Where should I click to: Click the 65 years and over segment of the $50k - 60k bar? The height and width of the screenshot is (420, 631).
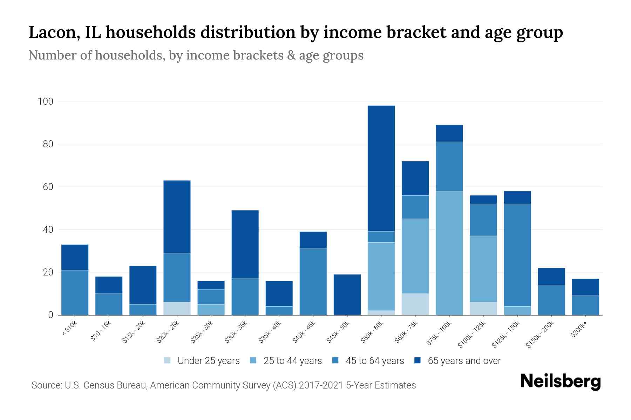click(x=381, y=168)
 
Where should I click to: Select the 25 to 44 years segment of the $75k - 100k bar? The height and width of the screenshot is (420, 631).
click(x=449, y=253)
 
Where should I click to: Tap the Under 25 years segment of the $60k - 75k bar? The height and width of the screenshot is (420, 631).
click(x=415, y=304)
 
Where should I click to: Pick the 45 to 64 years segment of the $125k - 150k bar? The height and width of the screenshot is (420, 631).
click(x=517, y=255)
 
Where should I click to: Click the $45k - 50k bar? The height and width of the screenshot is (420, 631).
click(x=347, y=294)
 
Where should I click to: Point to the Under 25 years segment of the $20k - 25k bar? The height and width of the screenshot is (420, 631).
click(x=177, y=308)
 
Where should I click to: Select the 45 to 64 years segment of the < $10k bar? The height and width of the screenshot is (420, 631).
click(x=75, y=292)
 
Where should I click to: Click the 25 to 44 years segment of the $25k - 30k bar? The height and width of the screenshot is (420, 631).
click(x=211, y=309)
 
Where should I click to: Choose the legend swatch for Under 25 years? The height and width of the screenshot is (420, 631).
click(x=167, y=360)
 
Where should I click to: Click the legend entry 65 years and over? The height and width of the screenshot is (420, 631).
click(x=464, y=360)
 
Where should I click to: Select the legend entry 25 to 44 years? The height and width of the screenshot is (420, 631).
click(x=292, y=360)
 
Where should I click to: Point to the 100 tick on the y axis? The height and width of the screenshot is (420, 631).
click(x=46, y=101)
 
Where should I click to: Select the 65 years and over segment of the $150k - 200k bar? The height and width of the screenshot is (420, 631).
click(x=551, y=276)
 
